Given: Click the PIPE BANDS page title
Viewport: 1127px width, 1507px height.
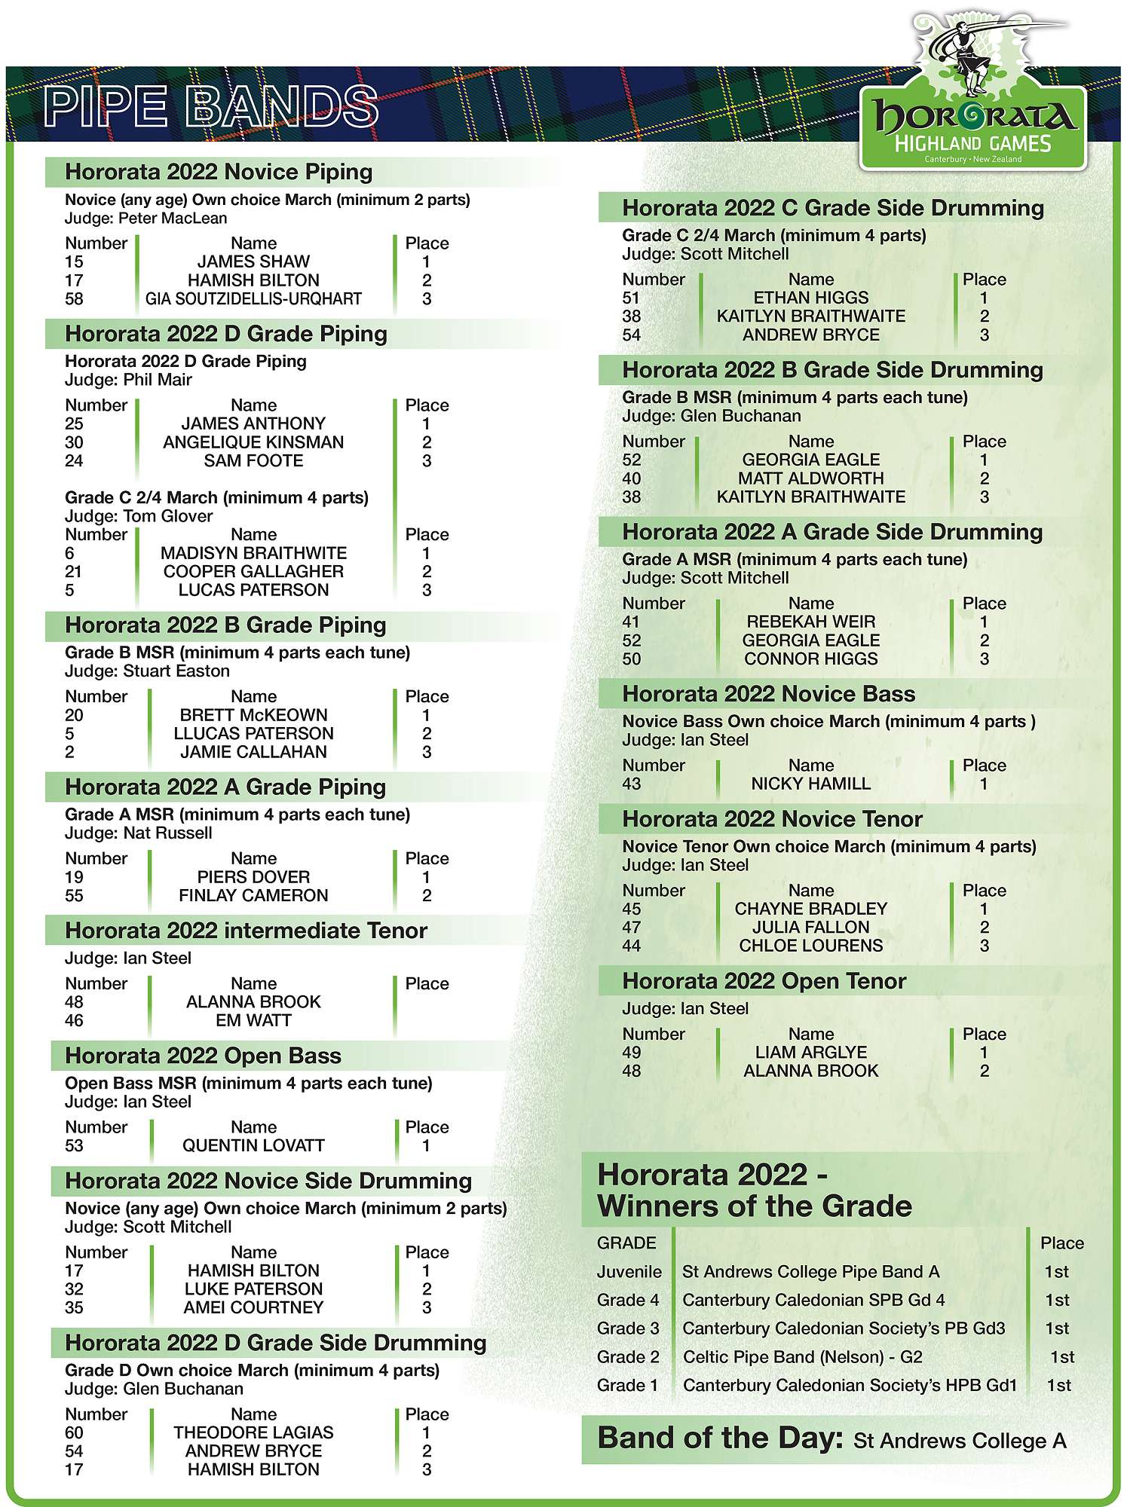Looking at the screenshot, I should click(211, 105).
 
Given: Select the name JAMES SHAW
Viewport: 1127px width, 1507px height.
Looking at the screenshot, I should click(253, 262).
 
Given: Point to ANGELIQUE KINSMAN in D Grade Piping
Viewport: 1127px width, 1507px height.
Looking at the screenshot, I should click(253, 442).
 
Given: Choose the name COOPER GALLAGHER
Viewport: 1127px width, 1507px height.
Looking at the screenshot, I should click(253, 572).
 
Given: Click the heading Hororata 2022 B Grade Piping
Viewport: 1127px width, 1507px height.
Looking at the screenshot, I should click(225, 625).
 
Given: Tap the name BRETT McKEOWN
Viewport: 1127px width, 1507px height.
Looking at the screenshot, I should click(253, 715).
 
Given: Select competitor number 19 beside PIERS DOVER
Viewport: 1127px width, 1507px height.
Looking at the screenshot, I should click(74, 877).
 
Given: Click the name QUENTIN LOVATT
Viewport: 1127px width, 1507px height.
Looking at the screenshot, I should click(253, 1146).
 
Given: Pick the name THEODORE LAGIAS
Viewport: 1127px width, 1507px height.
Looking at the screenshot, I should click(253, 1433).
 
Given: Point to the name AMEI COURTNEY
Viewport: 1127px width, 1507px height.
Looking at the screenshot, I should click(253, 1308).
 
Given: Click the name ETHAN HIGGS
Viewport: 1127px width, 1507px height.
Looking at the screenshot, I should click(811, 298).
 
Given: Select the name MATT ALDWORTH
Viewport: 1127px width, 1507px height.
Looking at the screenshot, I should click(811, 478).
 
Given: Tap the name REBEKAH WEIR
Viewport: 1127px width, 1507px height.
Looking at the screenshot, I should click(811, 622).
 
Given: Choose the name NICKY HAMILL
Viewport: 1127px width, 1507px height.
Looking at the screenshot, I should click(811, 784).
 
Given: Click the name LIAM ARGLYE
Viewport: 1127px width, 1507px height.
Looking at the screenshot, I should click(811, 1053).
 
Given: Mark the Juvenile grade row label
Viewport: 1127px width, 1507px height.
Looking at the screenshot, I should click(629, 1273).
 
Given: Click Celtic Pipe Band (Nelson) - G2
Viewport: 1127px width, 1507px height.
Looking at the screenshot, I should click(802, 1358).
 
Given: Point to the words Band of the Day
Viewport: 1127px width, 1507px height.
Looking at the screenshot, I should click(720, 1438).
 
